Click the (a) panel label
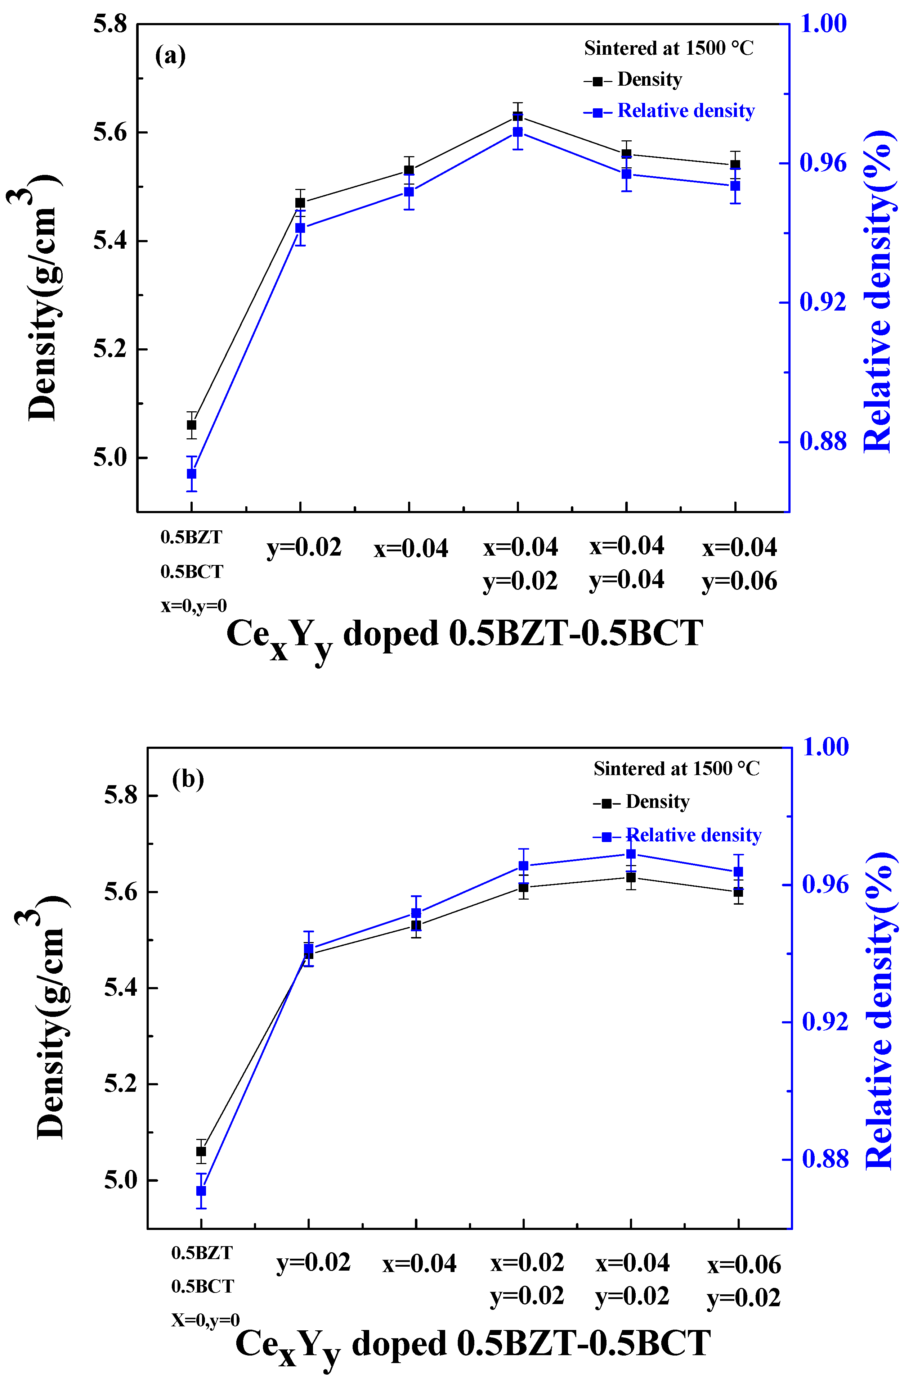[x=171, y=56]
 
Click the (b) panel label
[x=188, y=779]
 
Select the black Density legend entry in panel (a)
[x=634, y=80]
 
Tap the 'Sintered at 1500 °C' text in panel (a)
[x=668, y=48]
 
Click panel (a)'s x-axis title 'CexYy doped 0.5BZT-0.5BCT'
[x=464, y=635]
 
